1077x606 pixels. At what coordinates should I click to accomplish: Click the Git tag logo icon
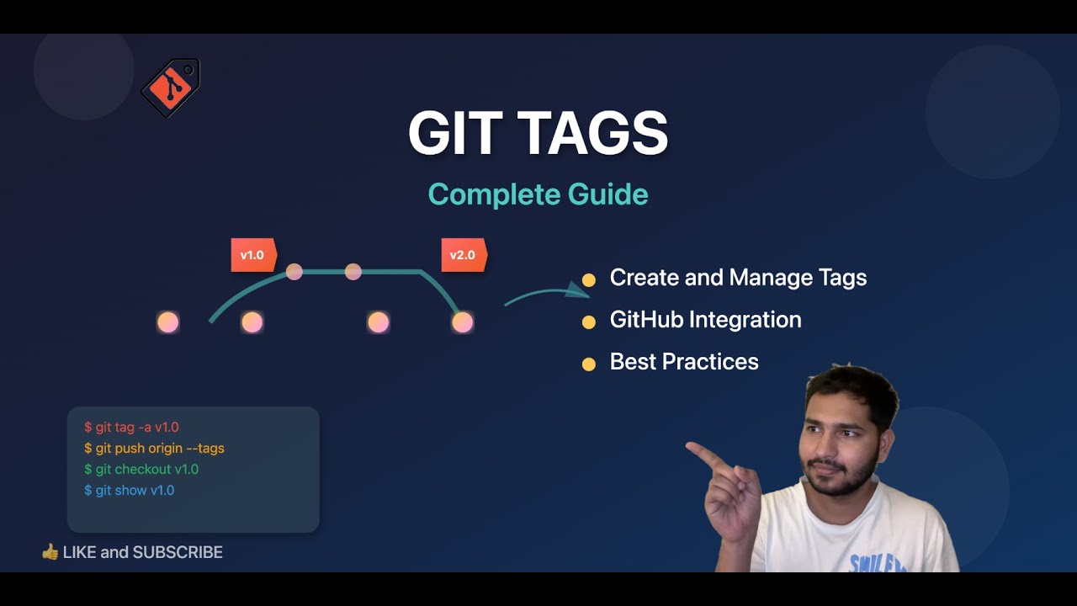click(x=170, y=88)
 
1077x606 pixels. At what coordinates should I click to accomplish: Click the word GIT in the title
click(x=454, y=133)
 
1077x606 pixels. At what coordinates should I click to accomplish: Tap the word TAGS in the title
click(x=592, y=133)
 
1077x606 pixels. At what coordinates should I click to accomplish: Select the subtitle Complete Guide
click(x=538, y=194)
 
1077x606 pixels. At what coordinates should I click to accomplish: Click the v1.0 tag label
click(x=252, y=255)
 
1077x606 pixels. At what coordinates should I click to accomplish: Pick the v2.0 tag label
click(x=463, y=255)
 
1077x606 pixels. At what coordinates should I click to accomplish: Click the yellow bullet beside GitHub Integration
click(x=589, y=322)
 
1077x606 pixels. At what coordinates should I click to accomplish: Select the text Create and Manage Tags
click(x=738, y=278)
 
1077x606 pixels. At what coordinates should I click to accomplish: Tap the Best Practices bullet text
click(x=684, y=362)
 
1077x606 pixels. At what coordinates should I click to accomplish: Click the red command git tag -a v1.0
click(x=131, y=428)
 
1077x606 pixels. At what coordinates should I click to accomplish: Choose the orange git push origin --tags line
click(x=154, y=449)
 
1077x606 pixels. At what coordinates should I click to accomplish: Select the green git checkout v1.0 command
click(x=141, y=470)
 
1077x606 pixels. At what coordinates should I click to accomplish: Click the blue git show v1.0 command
click(x=129, y=491)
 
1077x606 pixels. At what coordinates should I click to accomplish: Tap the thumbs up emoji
click(x=50, y=552)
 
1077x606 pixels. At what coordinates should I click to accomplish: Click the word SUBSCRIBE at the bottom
click(x=178, y=553)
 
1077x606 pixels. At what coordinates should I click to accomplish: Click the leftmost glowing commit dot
click(x=168, y=322)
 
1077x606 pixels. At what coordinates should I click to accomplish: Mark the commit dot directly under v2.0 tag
click(x=462, y=322)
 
